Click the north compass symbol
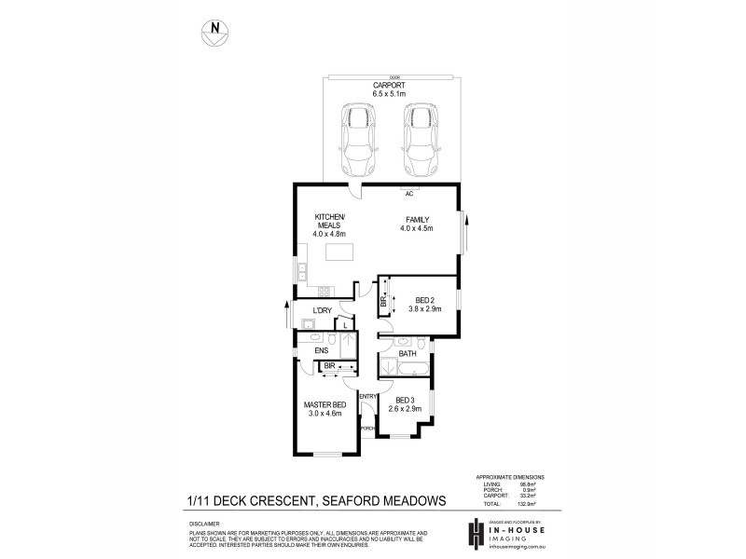click(x=215, y=30)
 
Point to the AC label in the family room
click(x=408, y=195)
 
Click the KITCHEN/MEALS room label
click(x=331, y=224)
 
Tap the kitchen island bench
click(x=338, y=252)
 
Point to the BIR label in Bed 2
click(x=384, y=301)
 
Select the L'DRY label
click(x=323, y=310)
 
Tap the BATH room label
click(x=408, y=354)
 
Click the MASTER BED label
click(x=324, y=409)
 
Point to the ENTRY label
click(x=367, y=396)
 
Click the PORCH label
click(x=367, y=428)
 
